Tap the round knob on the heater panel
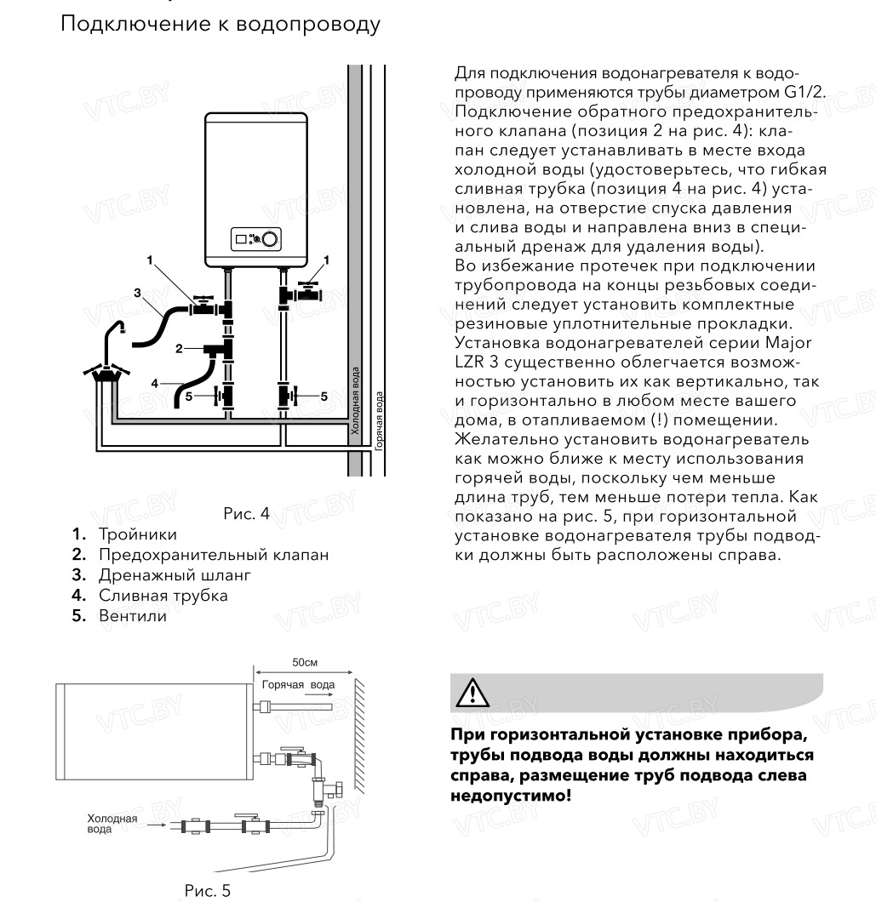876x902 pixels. coord(271,241)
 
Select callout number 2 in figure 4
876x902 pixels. coord(179,348)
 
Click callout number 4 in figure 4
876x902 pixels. coord(155,383)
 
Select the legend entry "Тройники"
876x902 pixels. coord(137,534)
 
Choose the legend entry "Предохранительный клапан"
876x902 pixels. coord(213,556)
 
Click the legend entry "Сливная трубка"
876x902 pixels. coord(163,596)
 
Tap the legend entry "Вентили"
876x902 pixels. coord(132,616)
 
